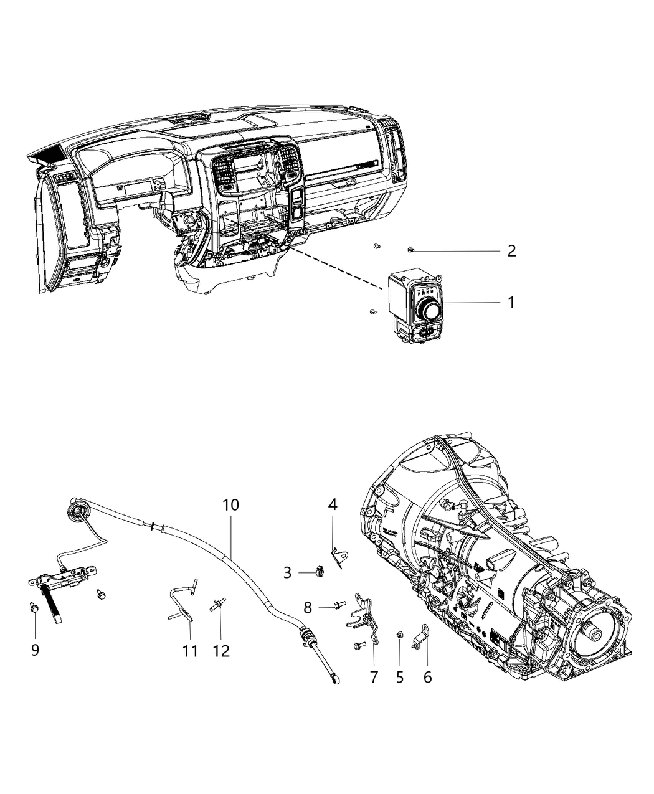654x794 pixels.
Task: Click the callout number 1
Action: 511,303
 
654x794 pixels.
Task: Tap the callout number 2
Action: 511,251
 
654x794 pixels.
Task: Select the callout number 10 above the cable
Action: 230,504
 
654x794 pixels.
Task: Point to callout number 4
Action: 333,504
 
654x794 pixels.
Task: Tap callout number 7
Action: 374,677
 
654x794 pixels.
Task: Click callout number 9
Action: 35,650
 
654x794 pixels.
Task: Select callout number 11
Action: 190,651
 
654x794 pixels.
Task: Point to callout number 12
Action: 221,651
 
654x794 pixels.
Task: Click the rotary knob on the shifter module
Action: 428,308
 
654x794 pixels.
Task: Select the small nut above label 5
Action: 399,635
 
